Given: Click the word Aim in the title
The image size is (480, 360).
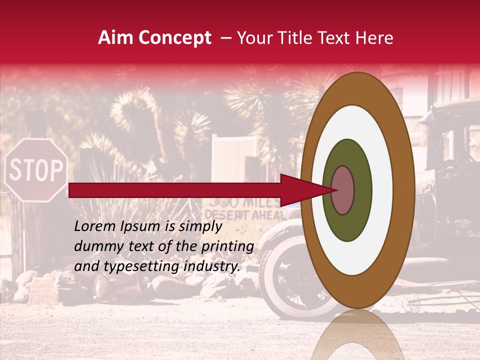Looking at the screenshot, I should click(x=115, y=38).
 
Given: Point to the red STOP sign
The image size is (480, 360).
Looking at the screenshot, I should click(x=36, y=170).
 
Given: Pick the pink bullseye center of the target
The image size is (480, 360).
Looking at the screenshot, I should click(x=342, y=190).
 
